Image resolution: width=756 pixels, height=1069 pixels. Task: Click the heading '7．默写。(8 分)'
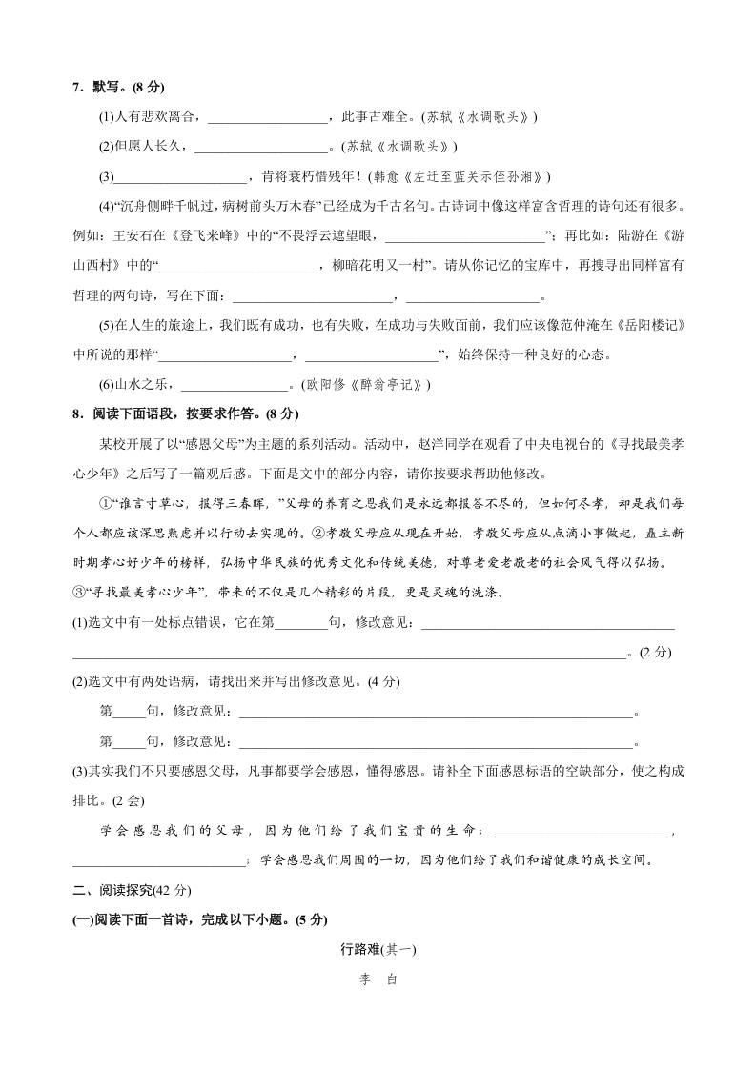[118, 88]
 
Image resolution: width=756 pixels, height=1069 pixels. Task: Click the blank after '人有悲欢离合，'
[266, 117]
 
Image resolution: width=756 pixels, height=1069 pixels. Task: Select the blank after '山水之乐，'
[234, 385]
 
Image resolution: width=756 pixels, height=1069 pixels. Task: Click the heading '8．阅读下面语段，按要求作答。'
[172, 414]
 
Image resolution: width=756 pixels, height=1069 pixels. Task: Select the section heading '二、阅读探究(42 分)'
[133, 891]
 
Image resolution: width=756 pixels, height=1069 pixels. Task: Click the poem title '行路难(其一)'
[378, 950]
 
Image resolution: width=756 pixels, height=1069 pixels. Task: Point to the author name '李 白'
[378, 979]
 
